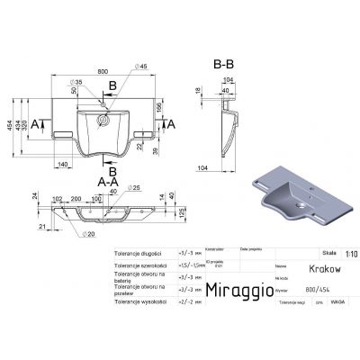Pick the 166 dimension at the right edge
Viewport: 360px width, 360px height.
click(160, 109)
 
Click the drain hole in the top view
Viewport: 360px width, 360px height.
click(103, 119)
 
